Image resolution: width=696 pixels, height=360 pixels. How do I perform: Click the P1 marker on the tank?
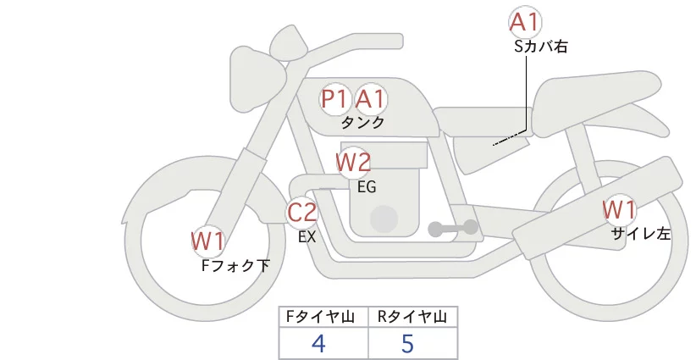click(x=334, y=98)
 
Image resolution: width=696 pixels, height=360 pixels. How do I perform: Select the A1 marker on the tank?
click(x=369, y=98)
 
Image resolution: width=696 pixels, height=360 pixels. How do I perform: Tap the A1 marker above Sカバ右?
click(x=525, y=22)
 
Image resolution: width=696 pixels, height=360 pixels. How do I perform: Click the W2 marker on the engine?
click(x=353, y=162)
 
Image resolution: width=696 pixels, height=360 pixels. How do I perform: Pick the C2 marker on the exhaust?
click(x=301, y=212)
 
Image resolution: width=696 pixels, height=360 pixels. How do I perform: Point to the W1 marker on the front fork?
click(x=207, y=241)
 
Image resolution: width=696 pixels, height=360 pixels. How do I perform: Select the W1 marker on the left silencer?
click(x=619, y=210)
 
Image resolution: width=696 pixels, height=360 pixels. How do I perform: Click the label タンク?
click(x=362, y=123)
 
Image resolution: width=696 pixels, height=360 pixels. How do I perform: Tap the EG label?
click(x=367, y=187)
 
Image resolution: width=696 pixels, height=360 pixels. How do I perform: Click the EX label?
click(x=307, y=237)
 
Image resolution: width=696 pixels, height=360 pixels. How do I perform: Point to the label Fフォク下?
click(x=235, y=265)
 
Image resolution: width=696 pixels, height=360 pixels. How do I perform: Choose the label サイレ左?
click(x=641, y=234)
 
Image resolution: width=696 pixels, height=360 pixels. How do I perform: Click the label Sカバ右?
click(x=541, y=47)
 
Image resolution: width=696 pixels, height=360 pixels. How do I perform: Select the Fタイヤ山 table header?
click(x=320, y=317)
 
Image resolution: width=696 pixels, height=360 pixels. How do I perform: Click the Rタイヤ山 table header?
click(x=412, y=317)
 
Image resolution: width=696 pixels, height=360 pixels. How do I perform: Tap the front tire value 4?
click(x=318, y=343)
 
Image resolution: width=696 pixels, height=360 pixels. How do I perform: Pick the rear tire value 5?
click(x=407, y=343)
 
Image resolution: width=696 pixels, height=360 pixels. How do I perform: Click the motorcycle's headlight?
click(x=258, y=79)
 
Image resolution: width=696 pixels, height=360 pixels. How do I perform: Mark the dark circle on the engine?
click(x=384, y=219)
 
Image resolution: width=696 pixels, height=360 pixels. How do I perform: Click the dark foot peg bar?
click(x=453, y=228)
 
